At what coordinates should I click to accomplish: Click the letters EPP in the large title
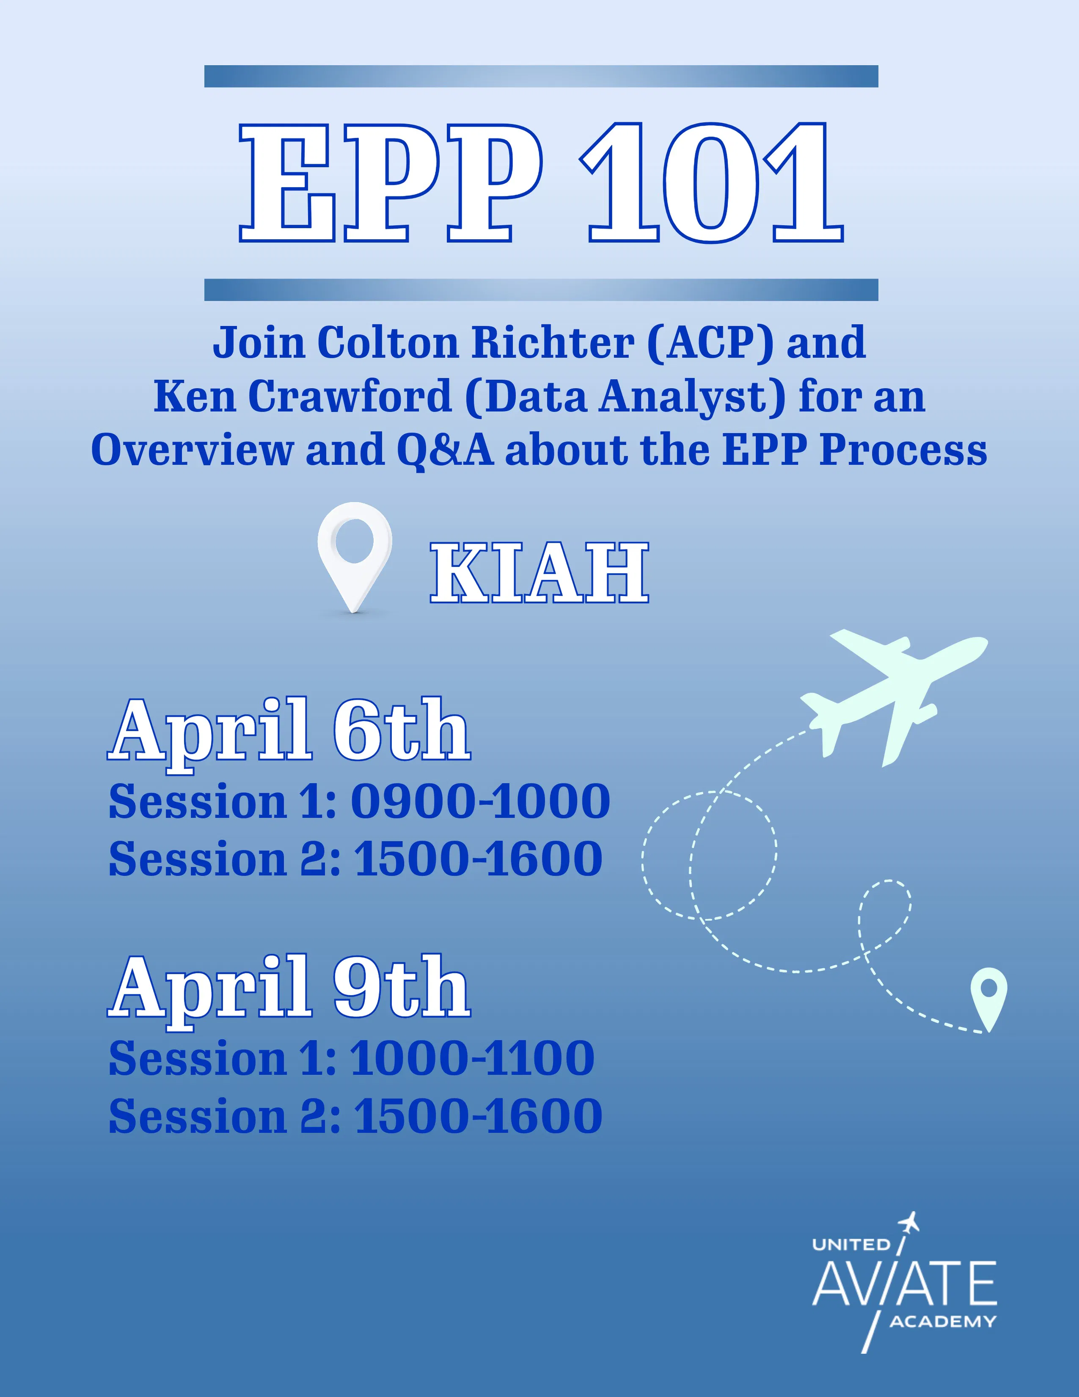(x=391, y=184)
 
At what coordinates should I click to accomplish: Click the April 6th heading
(x=289, y=731)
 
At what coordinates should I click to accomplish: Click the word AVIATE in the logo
(x=904, y=1284)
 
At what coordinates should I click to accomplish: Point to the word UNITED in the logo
(x=851, y=1245)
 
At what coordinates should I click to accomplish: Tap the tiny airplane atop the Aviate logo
(x=909, y=1223)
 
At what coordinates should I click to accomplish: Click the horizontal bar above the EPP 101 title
(x=541, y=76)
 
